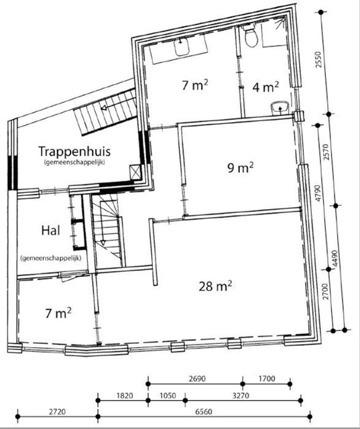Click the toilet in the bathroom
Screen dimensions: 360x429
tap(251, 36)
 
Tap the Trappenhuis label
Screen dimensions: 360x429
tap(74, 151)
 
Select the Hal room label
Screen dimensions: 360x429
tap(50, 231)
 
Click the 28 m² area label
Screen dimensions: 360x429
tap(215, 286)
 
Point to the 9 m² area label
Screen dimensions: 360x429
tap(241, 168)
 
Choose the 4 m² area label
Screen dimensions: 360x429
tap(265, 87)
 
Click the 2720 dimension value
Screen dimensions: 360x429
tap(57, 412)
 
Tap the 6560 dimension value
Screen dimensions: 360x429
tap(204, 412)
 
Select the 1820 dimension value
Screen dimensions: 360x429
tap(125, 395)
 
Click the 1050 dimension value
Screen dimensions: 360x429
tap(168, 395)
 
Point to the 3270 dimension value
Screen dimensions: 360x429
tap(241, 395)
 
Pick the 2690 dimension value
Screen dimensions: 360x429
tap(197, 379)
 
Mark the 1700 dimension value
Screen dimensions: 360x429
tap(267, 379)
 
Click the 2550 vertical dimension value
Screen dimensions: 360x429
tap(318, 60)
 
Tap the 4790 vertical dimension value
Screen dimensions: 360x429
tap(318, 193)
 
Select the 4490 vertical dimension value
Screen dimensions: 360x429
tap(335, 259)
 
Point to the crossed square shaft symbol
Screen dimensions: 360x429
tap(135, 172)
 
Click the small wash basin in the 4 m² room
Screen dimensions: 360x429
tap(280, 107)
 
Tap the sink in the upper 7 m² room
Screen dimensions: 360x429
tap(182, 47)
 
